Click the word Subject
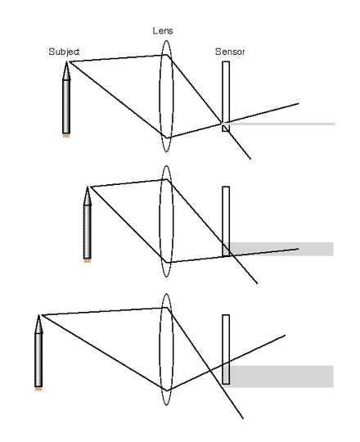coord(64,52)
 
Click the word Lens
coord(163,31)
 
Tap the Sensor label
coord(230,52)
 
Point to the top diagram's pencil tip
coord(66,61)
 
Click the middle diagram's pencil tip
coord(88,187)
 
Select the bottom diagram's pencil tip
coord(38,315)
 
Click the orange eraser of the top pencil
coord(66,136)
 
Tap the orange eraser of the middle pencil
coord(88,261)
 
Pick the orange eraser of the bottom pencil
coord(38,389)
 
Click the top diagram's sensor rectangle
coord(226,97)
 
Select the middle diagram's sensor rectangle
coord(226,222)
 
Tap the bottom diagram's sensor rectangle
coord(226,350)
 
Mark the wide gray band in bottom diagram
coord(278,377)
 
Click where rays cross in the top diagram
coord(222,123)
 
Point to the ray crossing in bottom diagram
coord(210,370)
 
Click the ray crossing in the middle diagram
coord(231,255)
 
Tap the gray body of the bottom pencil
coord(38,360)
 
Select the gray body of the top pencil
coord(66,107)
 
